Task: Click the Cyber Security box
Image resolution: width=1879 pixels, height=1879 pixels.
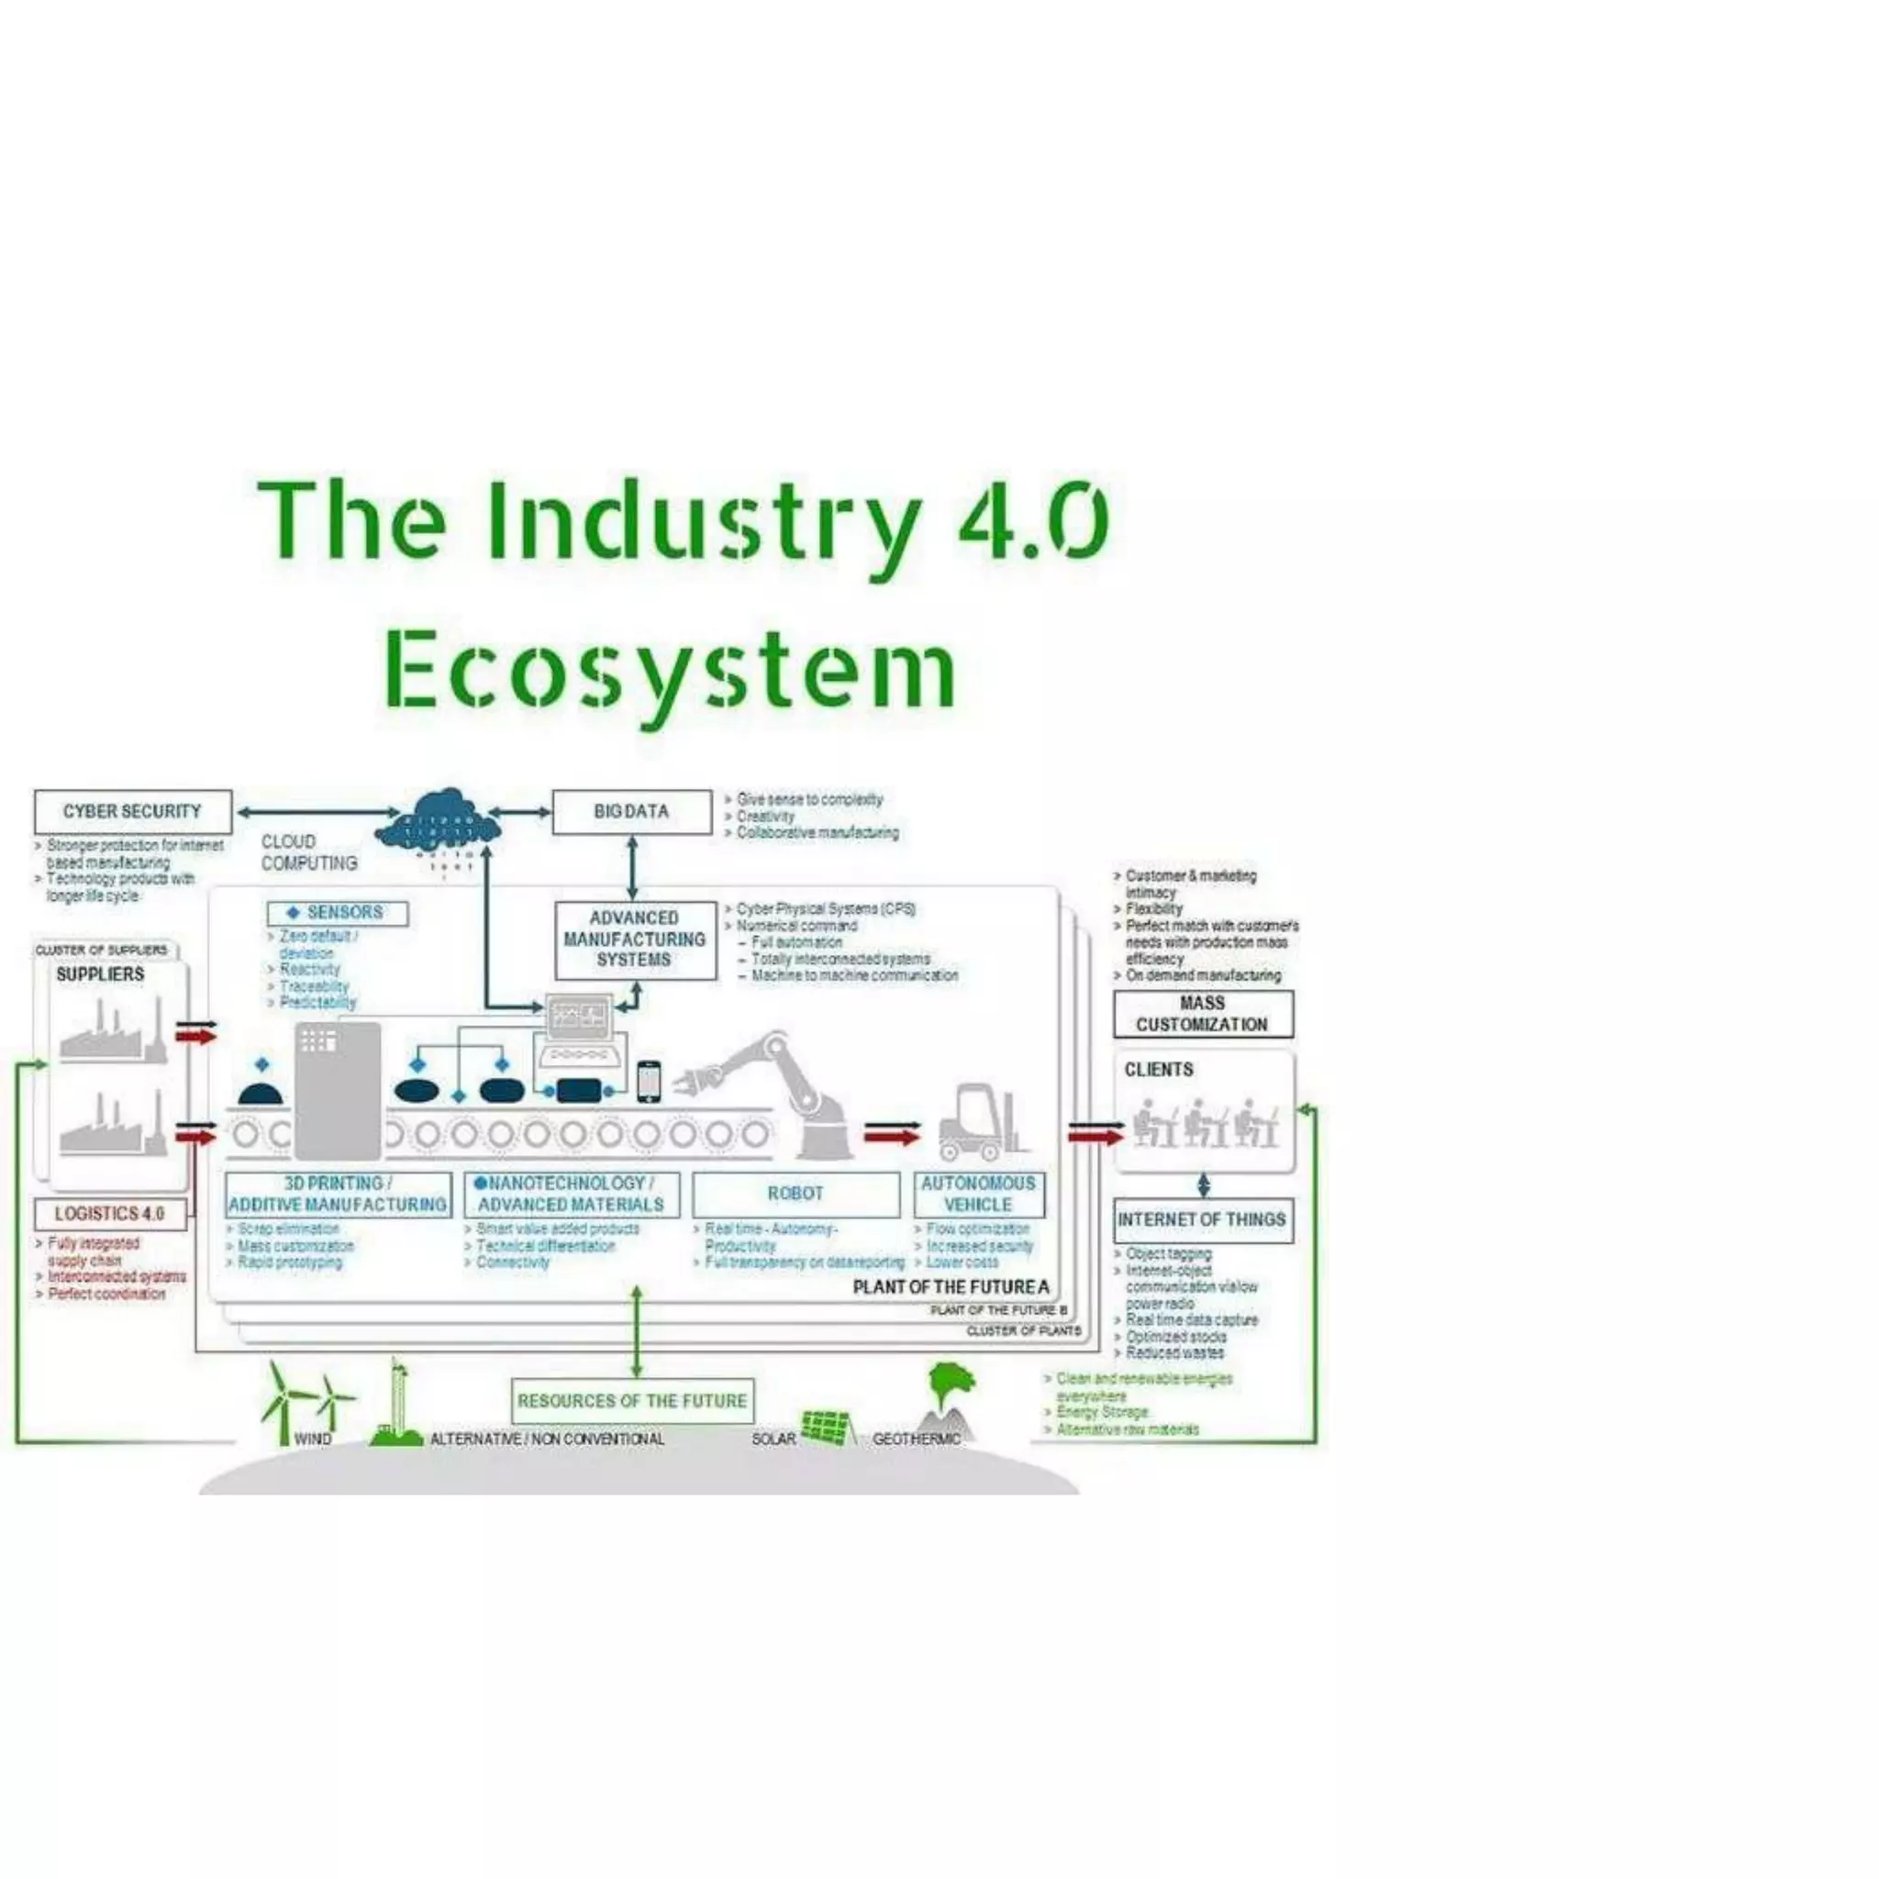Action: (x=132, y=811)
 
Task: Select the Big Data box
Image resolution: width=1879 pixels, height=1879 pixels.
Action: (x=631, y=811)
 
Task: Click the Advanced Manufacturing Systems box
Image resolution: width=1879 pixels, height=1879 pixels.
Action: (x=634, y=939)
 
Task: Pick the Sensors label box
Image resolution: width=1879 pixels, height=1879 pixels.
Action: (x=337, y=912)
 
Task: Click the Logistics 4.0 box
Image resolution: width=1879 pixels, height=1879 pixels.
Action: (x=109, y=1214)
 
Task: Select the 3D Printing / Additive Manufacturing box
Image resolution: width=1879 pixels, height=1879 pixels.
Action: (x=338, y=1194)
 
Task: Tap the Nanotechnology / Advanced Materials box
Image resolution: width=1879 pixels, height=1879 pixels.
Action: (x=571, y=1194)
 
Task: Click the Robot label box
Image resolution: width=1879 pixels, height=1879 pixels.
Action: (x=795, y=1194)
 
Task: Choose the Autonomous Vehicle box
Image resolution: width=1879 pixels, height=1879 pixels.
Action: (x=978, y=1194)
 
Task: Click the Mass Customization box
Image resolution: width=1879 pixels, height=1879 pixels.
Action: (x=1202, y=1014)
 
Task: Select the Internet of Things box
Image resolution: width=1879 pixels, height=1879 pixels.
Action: (x=1202, y=1219)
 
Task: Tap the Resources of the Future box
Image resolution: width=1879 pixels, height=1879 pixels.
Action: (x=632, y=1400)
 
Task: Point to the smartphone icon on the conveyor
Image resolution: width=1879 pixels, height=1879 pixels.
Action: (x=649, y=1082)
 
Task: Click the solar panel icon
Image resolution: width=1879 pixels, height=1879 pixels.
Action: (x=827, y=1427)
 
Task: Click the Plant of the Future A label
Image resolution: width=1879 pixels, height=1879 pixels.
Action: (x=951, y=1286)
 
